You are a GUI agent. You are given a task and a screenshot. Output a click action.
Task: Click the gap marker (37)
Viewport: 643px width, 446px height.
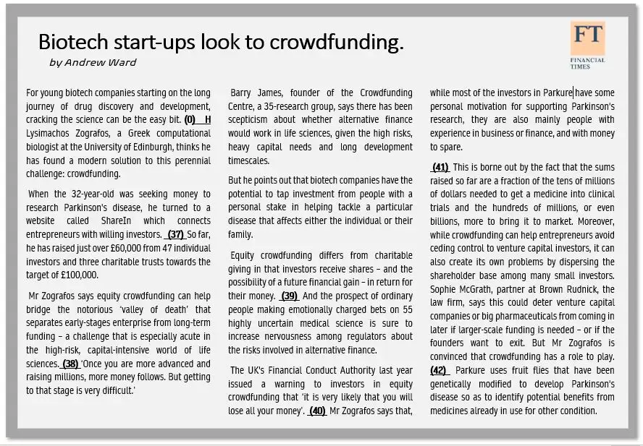coord(175,235)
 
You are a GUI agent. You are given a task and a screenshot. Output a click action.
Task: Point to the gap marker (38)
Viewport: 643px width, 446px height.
coord(70,364)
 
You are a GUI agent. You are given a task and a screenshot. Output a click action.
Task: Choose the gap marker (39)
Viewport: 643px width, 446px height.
coord(290,296)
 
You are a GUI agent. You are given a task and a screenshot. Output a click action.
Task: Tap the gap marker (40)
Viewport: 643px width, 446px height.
coord(316,411)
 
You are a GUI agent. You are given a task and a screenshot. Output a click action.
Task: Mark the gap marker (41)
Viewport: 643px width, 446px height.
coord(440,168)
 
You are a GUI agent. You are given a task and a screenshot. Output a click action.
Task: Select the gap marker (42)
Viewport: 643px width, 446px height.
coord(439,370)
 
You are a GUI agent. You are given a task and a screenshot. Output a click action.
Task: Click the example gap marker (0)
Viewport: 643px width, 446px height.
coord(190,119)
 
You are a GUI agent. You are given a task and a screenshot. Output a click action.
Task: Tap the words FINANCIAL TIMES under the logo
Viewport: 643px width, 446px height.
coord(587,63)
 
